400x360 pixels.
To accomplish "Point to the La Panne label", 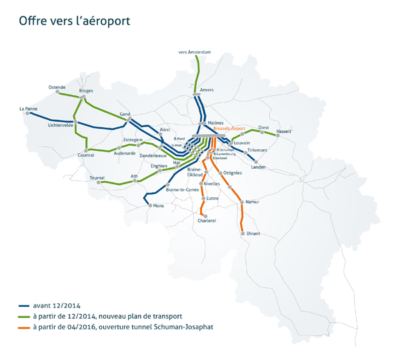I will [29, 108].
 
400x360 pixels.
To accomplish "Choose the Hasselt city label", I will [283, 131].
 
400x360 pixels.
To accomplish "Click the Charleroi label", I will [207, 220].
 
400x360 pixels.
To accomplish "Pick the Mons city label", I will [158, 206].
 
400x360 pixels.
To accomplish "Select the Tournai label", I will [98, 178].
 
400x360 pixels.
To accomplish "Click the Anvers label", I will [207, 89].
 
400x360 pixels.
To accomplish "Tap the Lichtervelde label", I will [59, 125].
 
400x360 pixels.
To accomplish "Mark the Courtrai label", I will [86, 155].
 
